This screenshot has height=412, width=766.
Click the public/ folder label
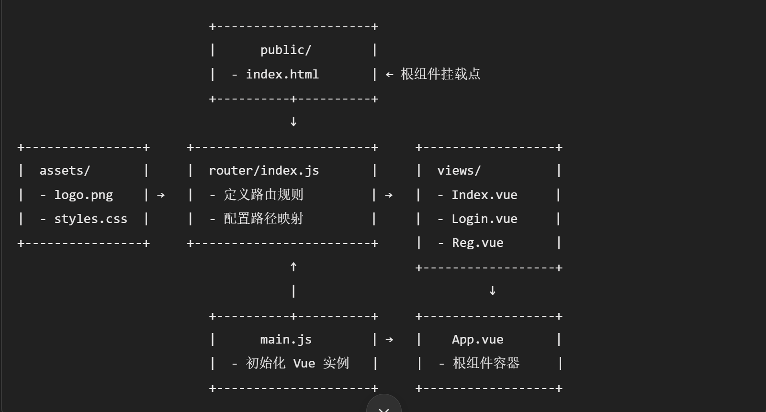[x=286, y=50]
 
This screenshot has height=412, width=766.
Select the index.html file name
[x=282, y=75]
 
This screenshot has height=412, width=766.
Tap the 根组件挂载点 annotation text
[x=440, y=74]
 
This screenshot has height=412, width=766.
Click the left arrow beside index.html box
[x=389, y=75]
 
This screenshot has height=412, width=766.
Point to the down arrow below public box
[x=293, y=122]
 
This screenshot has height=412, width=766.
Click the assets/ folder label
[x=65, y=171]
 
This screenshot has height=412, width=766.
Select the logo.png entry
[x=83, y=195]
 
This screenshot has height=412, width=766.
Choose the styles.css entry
[x=90, y=219]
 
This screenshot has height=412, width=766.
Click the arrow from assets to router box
[x=161, y=195]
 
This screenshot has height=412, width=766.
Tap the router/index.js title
[x=264, y=171]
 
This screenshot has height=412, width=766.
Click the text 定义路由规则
[x=263, y=195]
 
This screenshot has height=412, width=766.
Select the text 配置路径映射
[x=263, y=219]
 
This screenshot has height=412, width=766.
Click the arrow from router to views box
[x=389, y=195]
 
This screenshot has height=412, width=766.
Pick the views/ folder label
[x=459, y=171]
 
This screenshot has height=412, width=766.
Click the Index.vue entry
[x=484, y=195]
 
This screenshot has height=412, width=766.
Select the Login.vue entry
[x=484, y=219]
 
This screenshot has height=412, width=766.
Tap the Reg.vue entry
[x=477, y=243]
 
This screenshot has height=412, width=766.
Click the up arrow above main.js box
[x=293, y=267]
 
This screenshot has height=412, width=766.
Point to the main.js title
[x=286, y=340]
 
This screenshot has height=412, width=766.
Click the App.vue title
[x=477, y=340]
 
